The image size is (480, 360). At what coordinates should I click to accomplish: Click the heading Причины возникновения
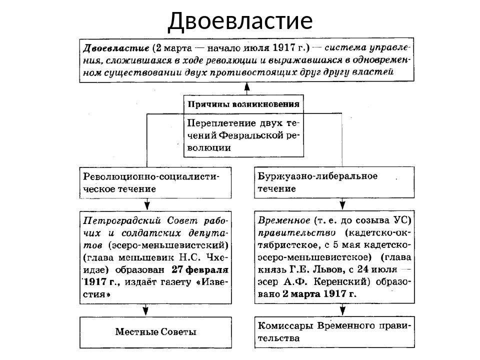tap(243, 104)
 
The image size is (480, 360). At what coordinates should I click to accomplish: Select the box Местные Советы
tap(156, 332)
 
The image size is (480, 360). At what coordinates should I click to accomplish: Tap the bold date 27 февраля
tap(200, 269)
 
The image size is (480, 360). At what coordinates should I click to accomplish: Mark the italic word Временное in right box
tap(282, 220)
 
